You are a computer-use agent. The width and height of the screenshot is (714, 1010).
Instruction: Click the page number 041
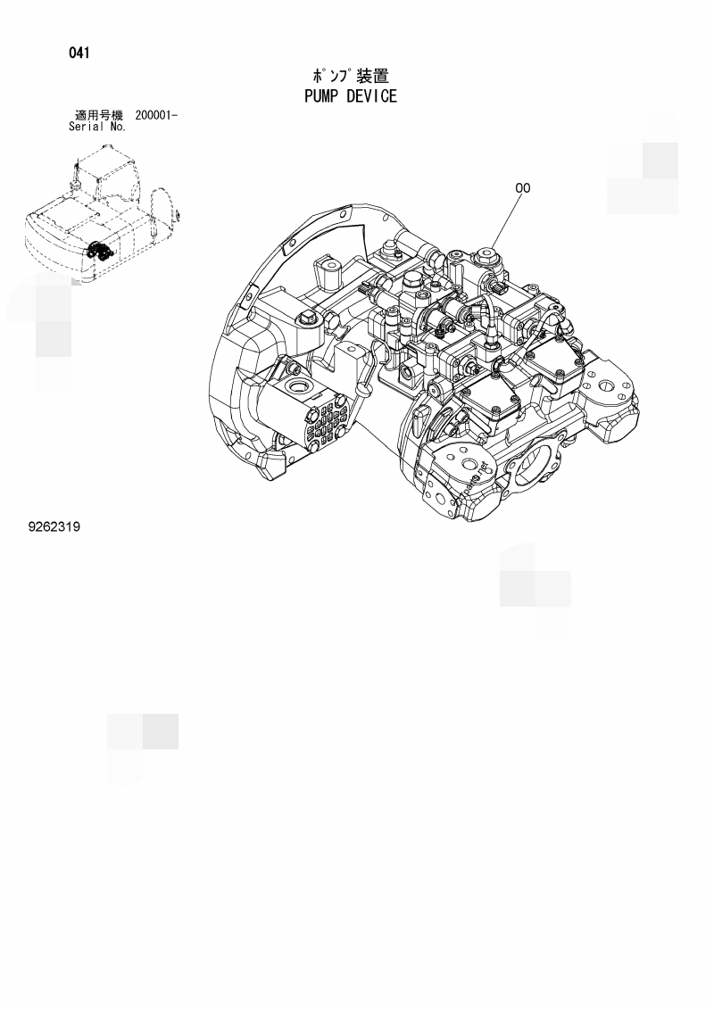[79, 53]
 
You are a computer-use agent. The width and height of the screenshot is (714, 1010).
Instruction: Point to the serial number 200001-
[156, 115]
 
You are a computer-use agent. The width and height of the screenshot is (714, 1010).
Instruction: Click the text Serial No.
[97, 127]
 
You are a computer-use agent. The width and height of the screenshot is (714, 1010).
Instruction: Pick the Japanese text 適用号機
[98, 115]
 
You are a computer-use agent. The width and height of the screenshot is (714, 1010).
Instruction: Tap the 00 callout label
[522, 188]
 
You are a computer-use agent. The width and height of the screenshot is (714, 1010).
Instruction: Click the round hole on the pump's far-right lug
[610, 387]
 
